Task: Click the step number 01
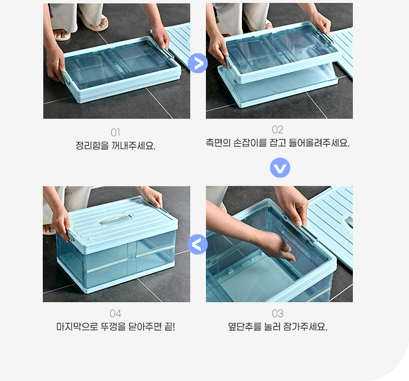(x=116, y=133)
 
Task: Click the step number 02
(x=278, y=130)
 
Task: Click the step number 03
(x=278, y=314)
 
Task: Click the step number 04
(x=116, y=314)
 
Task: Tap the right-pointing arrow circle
(x=198, y=63)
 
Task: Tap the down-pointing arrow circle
(x=280, y=168)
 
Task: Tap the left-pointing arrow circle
(x=198, y=245)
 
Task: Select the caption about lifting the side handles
(x=278, y=143)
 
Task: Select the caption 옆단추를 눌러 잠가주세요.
(x=278, y=327)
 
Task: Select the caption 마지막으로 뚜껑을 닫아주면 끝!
(x=116, y=327)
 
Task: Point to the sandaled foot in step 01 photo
(x=62, y=34)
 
